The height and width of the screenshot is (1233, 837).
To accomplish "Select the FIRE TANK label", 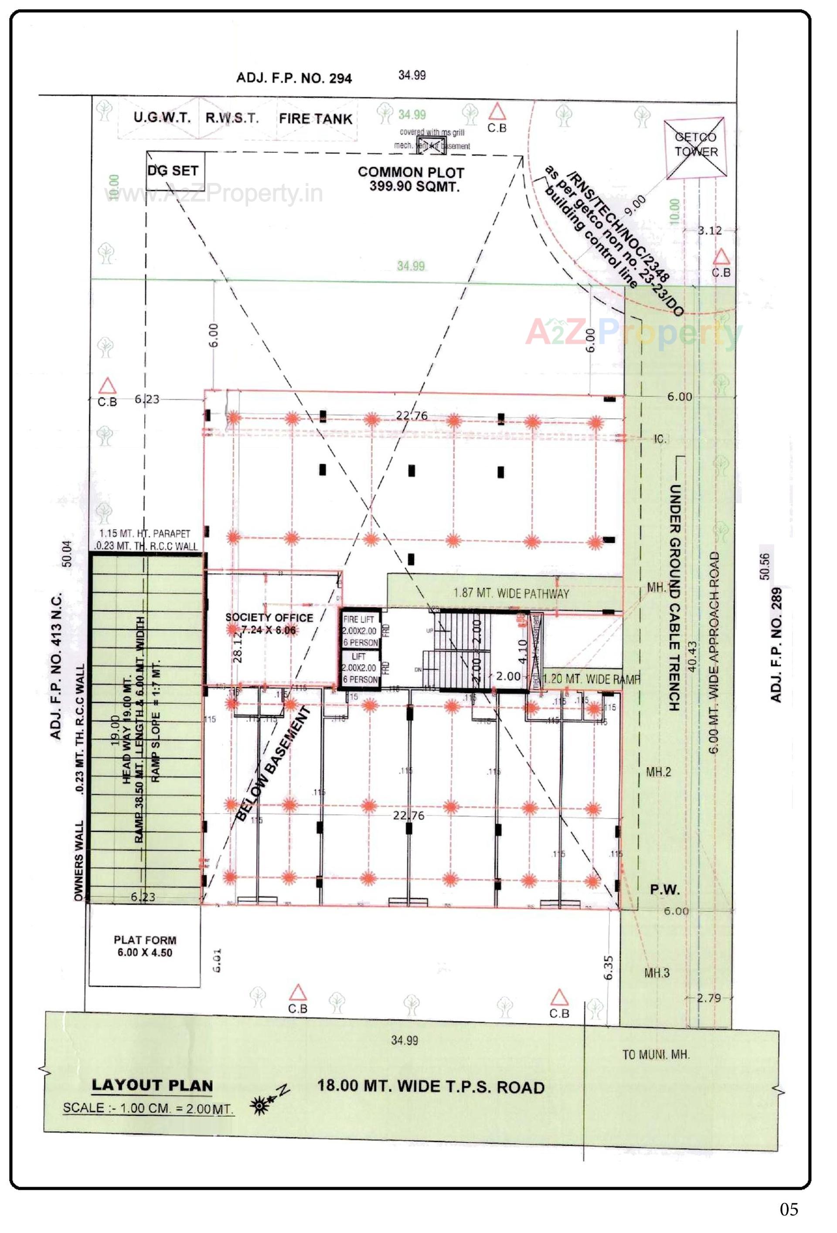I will pos(315,119).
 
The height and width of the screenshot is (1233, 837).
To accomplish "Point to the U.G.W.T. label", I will pos(162,118).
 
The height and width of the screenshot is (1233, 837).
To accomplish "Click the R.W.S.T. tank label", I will pos(232,118).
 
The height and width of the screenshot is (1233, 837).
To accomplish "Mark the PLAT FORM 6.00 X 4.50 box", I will pos(144,946).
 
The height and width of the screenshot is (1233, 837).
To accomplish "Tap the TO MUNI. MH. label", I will pos(656,1054).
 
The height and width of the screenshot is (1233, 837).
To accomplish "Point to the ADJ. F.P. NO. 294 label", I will pos(293,78).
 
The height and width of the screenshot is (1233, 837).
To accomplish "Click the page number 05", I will pos(789,1209).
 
